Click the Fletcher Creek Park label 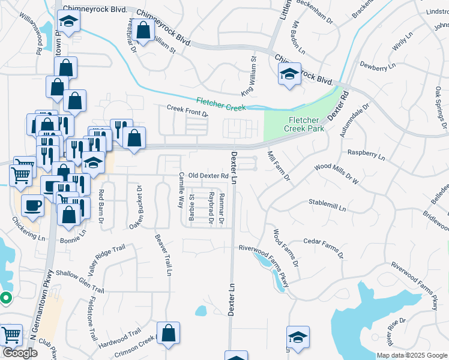pos(306,124)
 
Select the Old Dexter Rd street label pos(208,176)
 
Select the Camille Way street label pos(180,190)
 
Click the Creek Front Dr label pos(187,110)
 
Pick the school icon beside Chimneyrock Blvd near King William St pos(289,75)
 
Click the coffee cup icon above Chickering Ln pos(32,205)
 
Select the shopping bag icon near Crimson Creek pos(168,332)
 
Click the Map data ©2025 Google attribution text pos(412,355)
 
